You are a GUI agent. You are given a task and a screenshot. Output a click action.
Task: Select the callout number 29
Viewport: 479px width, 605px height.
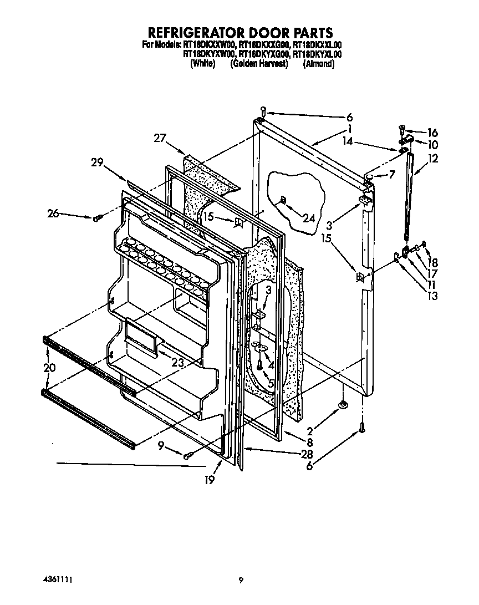coord(98,162)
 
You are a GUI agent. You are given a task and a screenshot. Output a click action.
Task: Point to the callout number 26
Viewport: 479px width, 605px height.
coord(53,212)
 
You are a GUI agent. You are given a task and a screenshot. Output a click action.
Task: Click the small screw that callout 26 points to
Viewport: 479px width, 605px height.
coord(96,218)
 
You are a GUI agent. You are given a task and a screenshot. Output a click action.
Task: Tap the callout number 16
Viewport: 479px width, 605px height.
coord(432,133)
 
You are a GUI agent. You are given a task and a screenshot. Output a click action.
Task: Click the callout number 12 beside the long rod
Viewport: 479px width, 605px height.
coord(433,159)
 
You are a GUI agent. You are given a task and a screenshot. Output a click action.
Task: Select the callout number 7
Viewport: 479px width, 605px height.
coord(391,175)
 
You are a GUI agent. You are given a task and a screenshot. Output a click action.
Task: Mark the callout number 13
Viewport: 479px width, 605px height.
coord(432,296)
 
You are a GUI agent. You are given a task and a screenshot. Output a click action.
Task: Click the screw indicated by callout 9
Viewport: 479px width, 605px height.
coord(187,455)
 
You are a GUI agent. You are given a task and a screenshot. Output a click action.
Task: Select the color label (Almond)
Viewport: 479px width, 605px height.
coord(319,63)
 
